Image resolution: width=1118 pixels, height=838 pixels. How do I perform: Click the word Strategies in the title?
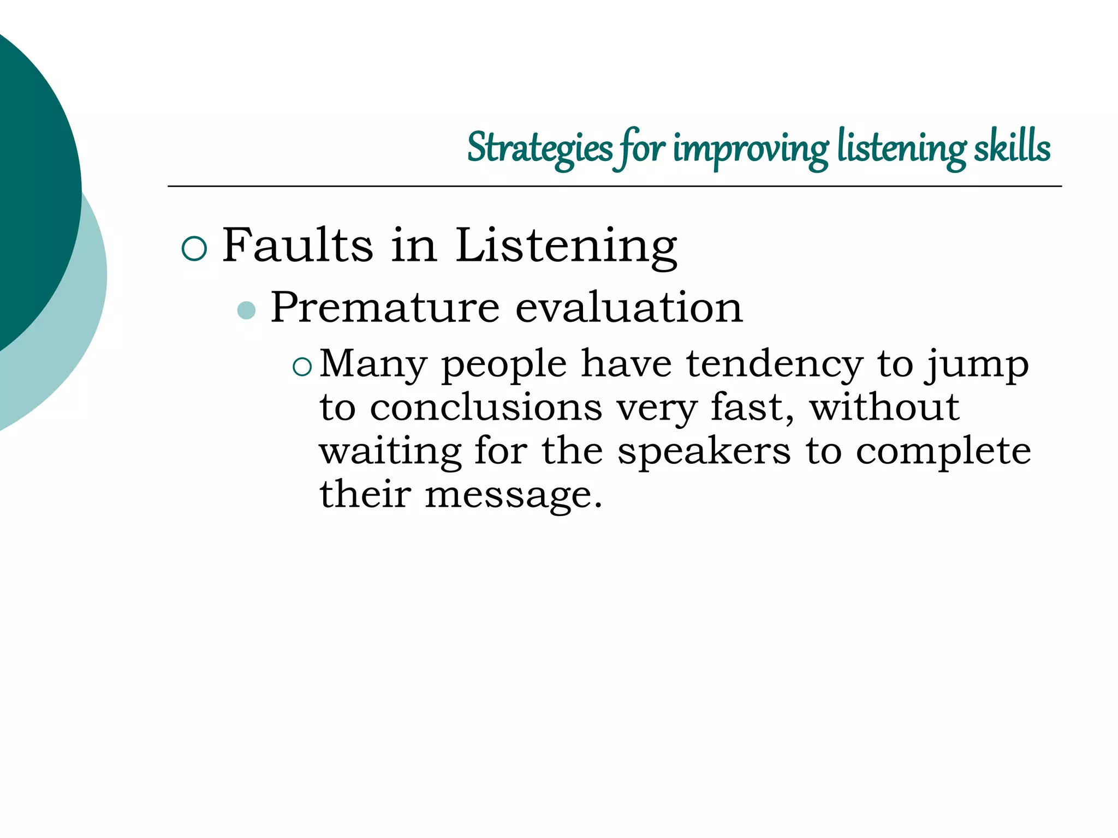(539, 148)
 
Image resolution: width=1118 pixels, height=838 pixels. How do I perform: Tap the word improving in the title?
(751, 148)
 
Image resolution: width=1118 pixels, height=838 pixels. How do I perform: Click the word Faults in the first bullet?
(297, 246)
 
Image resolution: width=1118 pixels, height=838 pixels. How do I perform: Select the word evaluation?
(628, 307)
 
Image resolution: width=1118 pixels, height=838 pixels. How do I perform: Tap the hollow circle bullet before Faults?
(194, 249)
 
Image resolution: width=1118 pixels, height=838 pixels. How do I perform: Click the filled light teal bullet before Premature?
(247, 310)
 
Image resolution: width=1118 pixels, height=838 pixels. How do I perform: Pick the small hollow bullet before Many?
(302, 367)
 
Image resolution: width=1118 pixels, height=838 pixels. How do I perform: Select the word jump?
(977, 364)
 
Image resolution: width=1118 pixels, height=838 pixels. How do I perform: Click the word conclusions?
(486, 408)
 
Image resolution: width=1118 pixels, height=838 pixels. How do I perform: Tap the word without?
(884, 408)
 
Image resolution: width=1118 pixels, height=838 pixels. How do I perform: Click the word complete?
(943, 452)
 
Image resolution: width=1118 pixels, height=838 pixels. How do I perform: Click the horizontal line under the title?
(614, 187)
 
